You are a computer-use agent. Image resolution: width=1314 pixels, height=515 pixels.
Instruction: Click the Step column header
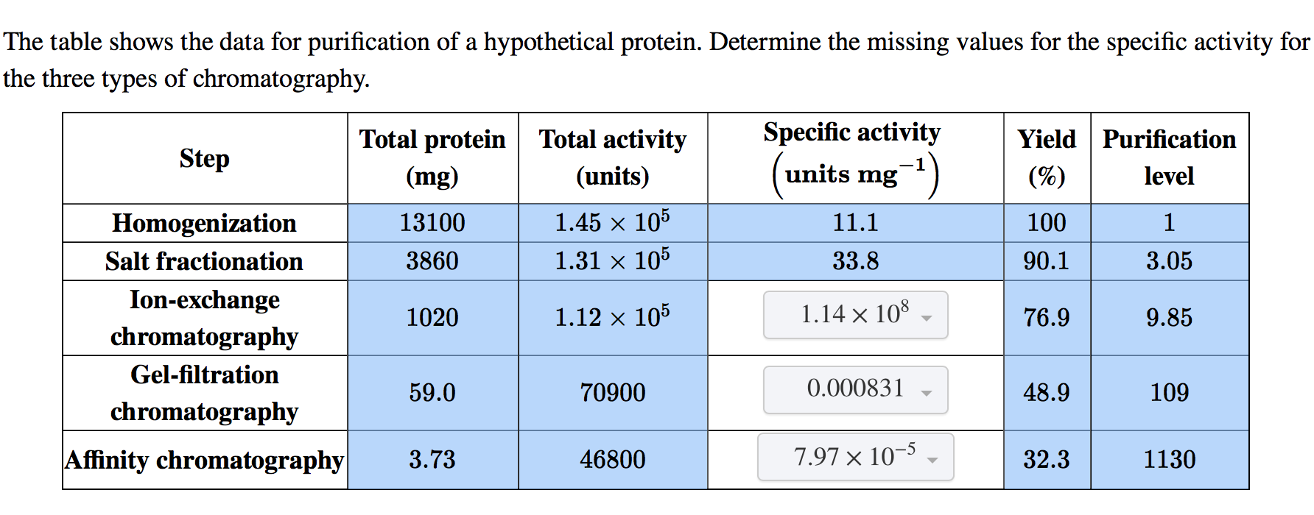pyautogui.click(x=205, y=158)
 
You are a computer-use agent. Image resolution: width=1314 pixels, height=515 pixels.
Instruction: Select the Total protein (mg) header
pyautogui.click(x=432, y=157)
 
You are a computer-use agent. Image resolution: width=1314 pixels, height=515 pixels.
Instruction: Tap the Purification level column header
pyautogui.click(x=1169, y=157)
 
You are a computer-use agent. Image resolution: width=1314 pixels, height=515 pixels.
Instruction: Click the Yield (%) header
pyautogui.click(x=1047, y=157)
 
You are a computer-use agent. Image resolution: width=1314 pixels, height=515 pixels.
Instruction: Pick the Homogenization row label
pyautogui.click(x=205, y=223)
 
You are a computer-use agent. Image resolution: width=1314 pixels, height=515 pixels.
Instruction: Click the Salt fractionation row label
pyautogui.click(x=205, y=261)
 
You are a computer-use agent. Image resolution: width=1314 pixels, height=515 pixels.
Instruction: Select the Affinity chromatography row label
pyautogui.click(x=205, y=460)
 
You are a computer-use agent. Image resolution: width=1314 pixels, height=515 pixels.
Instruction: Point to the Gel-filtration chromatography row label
pyautogui.click(x=205, y=393)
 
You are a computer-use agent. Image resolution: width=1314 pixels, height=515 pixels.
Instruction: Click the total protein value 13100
pyautogui.click(x=432, y=223)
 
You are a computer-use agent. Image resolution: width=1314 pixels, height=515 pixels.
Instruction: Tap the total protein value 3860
pyautogui.click(x=432, y=261)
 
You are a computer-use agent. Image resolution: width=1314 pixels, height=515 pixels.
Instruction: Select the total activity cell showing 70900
pyautogui.click(x=613, y=393)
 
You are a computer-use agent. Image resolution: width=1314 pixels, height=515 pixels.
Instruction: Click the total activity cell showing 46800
pyautogui.click(x=613, y=460)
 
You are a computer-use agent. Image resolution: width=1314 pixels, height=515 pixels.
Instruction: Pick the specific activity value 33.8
pyautogui.click(x=855, y=261)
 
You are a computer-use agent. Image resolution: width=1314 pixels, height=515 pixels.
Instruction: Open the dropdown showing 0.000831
pyautogui.click(x=855, y=389)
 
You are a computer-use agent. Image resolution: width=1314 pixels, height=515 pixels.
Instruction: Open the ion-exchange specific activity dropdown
pyautogui.click(x=855, y=315)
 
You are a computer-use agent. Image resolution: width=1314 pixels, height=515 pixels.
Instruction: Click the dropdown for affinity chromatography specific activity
pyautogui.click(x=855, y=457)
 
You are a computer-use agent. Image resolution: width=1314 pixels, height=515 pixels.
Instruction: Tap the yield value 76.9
pyautogui.click(x=1047, y=318)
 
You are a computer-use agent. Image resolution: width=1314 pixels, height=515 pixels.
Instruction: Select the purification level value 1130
pyautogui.click(x=1169, y=460)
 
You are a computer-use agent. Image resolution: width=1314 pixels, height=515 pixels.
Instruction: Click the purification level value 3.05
pyautogui.click(x=1169, y=261)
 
